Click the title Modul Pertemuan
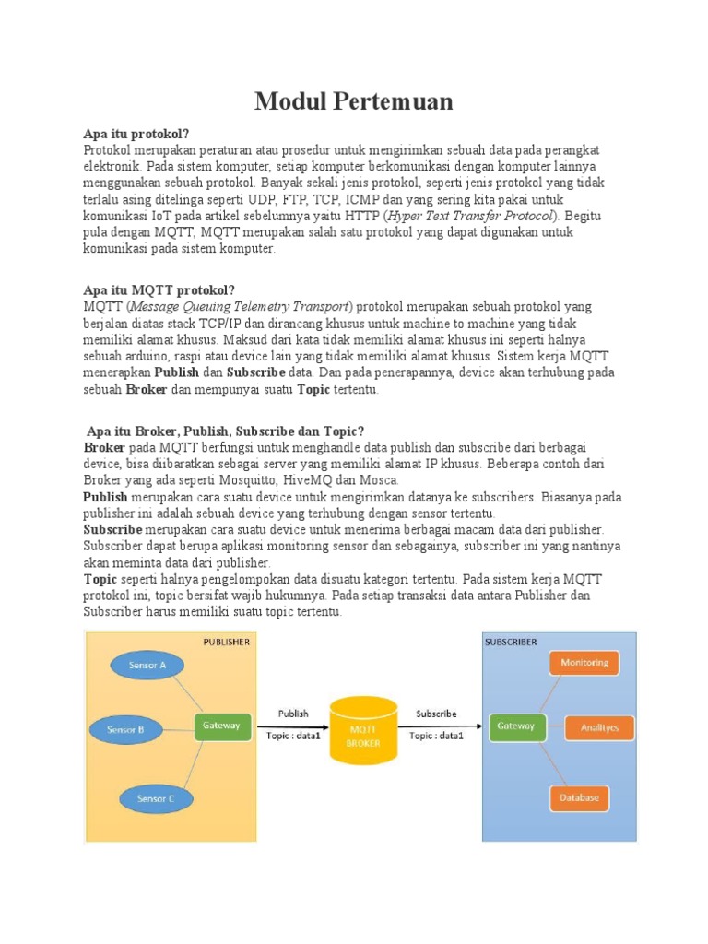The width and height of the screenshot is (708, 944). (x=354, y=101)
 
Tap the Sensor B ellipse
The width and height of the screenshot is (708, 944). (x=125, y=729)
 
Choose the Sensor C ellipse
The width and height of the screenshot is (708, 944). (x=156, y=797)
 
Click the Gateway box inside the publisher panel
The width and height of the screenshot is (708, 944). (x=221, y=726)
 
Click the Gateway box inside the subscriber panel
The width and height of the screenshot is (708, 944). (x=515, y=726)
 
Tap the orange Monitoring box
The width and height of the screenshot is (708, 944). (x=584, y=663)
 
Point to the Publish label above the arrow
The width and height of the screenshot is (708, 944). (x=293, y=714)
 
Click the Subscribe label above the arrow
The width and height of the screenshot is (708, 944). (x=436, y=714)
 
